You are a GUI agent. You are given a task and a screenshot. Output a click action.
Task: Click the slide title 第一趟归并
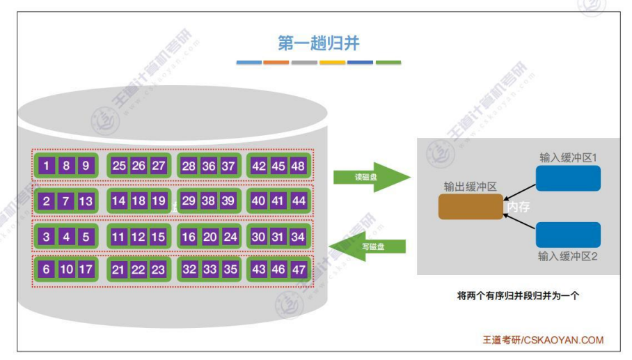[x=318, y=43]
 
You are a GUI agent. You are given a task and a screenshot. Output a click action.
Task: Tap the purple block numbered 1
[x=46, y=166]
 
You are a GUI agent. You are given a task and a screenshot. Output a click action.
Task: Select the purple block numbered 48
[x=298, y=166]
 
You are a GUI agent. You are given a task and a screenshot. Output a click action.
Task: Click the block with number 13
[x=86, y=201]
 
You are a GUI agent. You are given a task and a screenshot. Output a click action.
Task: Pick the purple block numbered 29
[x=189, y=201]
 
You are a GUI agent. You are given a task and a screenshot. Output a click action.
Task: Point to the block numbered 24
[x=230, y=237]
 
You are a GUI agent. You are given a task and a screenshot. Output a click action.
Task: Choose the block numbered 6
[x=46, y=269]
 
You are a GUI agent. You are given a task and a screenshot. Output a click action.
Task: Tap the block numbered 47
[x=298, y=269]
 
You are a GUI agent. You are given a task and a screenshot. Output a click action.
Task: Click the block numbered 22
[x=139, y=269]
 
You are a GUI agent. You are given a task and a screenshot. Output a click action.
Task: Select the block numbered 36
[x=209, y=166]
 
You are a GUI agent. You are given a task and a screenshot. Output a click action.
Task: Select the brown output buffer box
[x=471, y=207]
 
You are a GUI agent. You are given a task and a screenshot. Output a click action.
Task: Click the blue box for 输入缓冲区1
[x=568, y=178]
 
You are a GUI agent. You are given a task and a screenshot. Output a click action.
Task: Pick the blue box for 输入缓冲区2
[x=568, y=235]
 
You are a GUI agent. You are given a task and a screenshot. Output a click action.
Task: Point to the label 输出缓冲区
[x=470, y=187]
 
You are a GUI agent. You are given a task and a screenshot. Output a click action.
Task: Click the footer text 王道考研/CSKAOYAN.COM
[x=543, y=340]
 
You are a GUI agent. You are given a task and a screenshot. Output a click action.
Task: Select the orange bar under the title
[x=276, y=63]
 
